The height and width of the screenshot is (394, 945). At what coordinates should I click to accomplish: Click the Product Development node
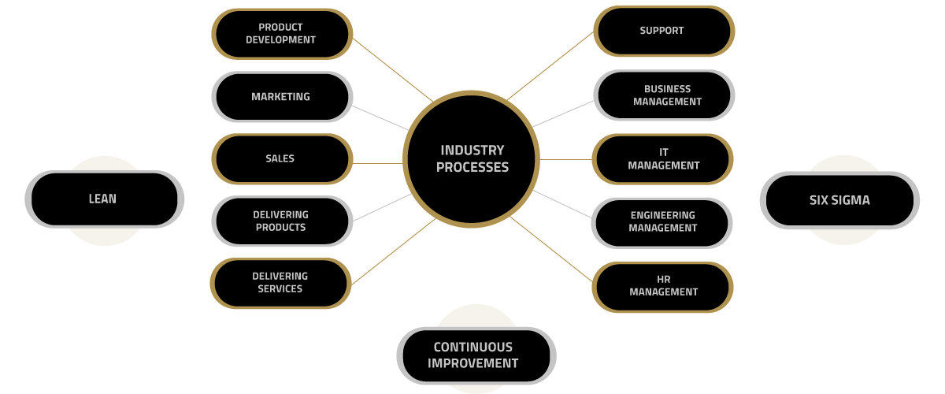pyautogui.click(x=282, y=34)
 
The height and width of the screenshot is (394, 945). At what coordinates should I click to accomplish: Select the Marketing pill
pyautogui.click(x=282, y=97)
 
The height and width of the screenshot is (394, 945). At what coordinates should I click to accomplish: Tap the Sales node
pyautogui.click(x=282, y=159)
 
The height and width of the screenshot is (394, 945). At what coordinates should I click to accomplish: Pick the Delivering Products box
pyautogui.click(x=282, y=221)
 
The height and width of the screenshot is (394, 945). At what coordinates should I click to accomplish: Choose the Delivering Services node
pyautogui.click(x=280, y=283)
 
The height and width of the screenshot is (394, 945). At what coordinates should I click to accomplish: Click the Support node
pyautogui.click(x=664, y=31)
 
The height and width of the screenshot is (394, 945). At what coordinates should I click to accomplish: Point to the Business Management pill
pyautogui.click(x=664, y=95)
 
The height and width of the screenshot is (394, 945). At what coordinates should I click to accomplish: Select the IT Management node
pyautogui.click(x=662, y=159)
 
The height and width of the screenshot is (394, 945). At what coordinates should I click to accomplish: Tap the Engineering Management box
pyautogui.click(x=661, y=222)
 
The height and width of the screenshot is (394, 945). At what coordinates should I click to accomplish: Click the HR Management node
pyautogui.click(x=662, y=287)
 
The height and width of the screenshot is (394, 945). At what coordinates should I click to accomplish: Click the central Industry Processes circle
pyautogui.click(x=471, y=159)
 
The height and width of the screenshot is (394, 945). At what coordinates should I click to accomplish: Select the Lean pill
pyautogui.click(x=104, y=199)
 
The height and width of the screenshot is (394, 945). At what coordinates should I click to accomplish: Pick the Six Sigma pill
pyautogui.click(x=839, y=200)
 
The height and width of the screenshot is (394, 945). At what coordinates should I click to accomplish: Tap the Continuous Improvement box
pyautogui.click(x=476, y=355)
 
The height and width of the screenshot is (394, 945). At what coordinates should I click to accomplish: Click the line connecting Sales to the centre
pyautogui.click(x=377, y=163)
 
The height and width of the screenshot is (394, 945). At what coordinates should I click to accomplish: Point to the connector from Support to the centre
pyautogui.click(x=550, y=66)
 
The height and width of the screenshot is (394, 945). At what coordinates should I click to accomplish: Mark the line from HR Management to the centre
pyautogui.click(x=551, y=249)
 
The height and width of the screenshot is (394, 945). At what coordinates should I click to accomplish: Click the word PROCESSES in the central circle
pyautogui.click(x=472, y=167)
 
